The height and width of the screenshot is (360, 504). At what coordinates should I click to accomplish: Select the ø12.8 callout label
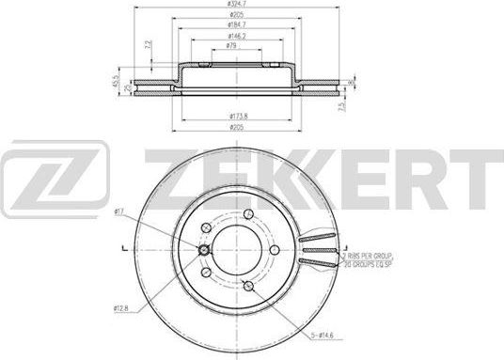click(120, 307)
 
